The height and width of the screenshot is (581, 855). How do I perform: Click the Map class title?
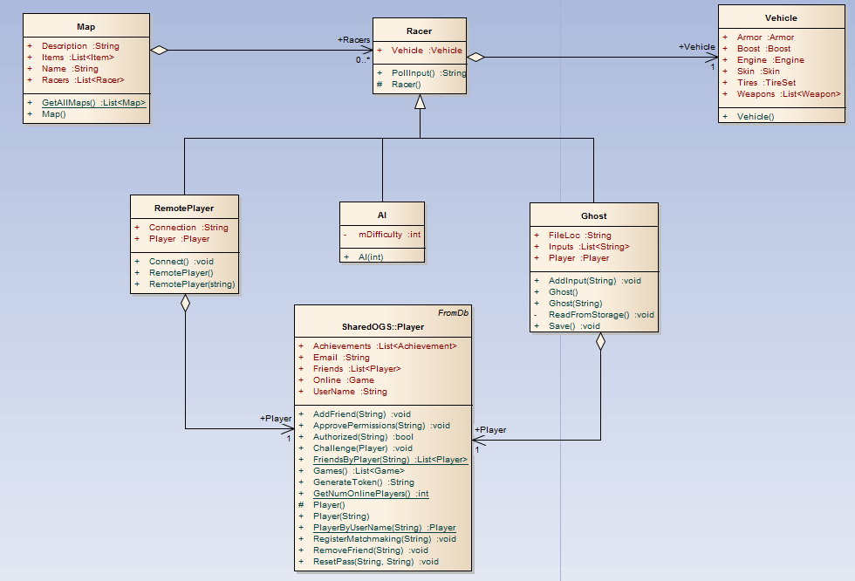(85, 26)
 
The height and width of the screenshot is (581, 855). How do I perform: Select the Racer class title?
(419, 31)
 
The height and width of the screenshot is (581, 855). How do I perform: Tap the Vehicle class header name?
(780, 17)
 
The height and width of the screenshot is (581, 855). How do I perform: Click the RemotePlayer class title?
(184, 208)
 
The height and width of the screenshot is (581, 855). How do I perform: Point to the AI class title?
(382, 215)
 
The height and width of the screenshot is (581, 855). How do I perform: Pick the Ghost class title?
(593, 215)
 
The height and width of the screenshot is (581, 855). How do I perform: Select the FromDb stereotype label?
(453, 311)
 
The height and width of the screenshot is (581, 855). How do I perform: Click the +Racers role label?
(353, 39)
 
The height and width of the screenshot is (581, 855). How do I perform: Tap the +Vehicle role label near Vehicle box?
(695, 46)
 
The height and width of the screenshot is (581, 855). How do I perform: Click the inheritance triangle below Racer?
(421, 101)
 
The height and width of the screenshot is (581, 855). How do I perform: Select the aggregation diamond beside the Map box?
(158, 50)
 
